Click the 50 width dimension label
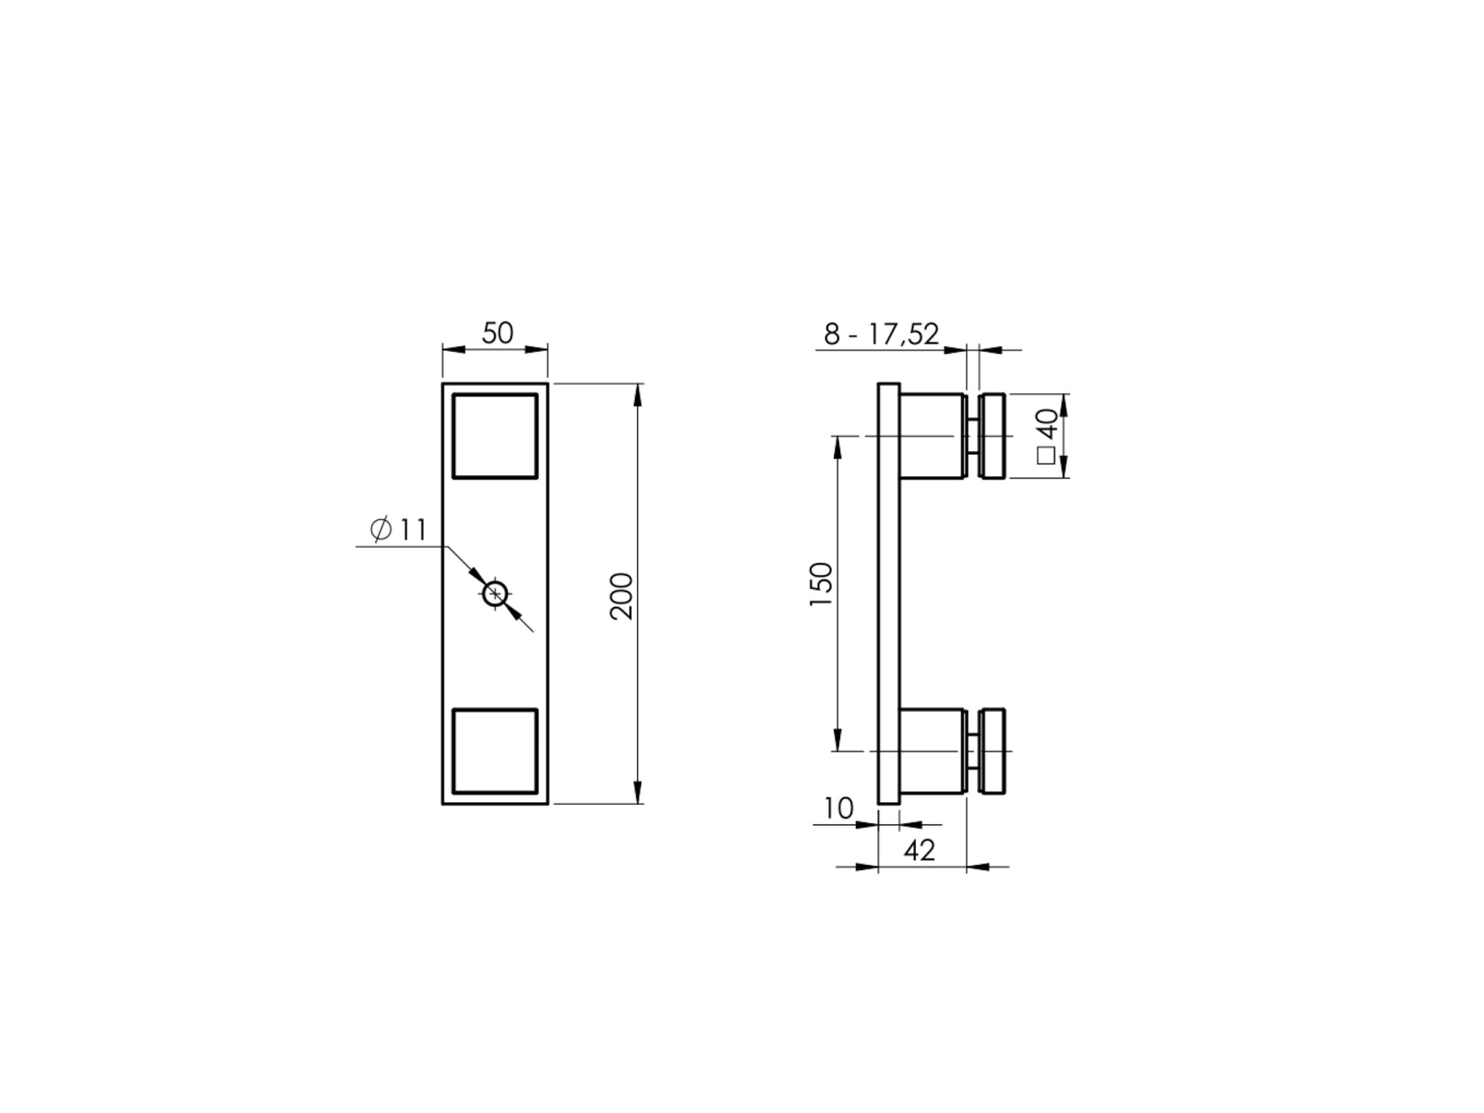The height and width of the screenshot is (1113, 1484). click(497, 333)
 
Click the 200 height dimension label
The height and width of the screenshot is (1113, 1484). click(622, 595)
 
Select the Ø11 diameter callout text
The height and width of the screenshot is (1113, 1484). click(398, 530)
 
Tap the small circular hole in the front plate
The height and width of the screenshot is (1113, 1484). click(496, 594)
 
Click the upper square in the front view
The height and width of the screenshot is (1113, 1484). click(495, 435)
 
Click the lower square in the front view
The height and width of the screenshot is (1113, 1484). click(495, 751)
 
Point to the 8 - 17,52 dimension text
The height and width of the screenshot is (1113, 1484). click(881, 334)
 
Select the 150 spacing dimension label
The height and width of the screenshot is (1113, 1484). click(821, 585)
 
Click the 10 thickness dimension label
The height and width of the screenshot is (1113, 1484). click(839, 807)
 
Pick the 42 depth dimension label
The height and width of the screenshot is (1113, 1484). click(920, 851)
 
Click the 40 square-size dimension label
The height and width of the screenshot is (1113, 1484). click(1048, 424)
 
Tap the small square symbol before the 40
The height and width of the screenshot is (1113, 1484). click(1047, 456)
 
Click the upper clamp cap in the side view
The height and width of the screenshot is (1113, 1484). click(993, 435)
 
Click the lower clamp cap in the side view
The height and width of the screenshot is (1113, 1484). click(993, 751)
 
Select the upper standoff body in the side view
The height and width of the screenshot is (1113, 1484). click(932, 435)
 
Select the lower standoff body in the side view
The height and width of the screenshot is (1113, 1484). click(932, 751)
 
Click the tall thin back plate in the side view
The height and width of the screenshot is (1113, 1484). click(889, 594)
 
